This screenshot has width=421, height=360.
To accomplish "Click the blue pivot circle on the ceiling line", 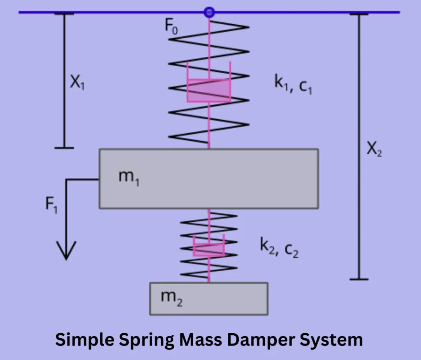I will click(x=209, y=12).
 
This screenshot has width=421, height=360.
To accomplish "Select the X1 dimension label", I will click(x=77, y=84).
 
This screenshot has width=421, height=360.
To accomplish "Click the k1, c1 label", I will click(x=293, y=85).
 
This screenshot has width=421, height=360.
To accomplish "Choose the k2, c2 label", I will click(x=279, y=247).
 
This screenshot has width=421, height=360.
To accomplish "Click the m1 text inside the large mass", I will click(x=128, y=178).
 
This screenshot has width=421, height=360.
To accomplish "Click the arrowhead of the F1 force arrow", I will click(x=66, y=251).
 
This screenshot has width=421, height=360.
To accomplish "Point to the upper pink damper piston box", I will click(x=208, y=90).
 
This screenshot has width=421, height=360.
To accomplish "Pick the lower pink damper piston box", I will click(x=209, y=249).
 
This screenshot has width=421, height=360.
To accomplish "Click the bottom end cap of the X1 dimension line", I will click(x=64, y=147).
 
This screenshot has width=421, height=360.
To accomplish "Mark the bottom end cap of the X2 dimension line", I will click(x=359, y=279).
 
